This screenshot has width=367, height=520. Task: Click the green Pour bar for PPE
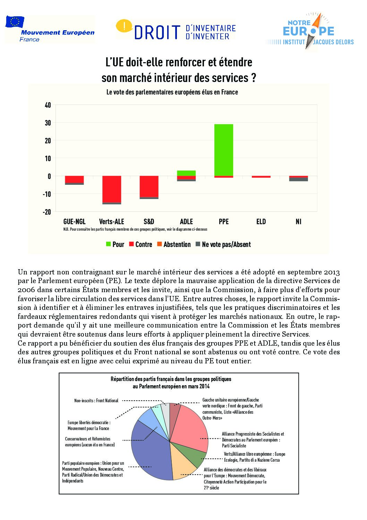pyautogui.click(x=224, y=150)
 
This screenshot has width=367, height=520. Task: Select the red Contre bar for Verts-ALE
pyautogui.click(x=112, y=189)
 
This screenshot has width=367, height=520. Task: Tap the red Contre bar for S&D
pyautogui.click(x=149, y=186)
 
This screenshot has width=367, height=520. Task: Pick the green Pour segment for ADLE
pyautogui.click(x=186, y=173)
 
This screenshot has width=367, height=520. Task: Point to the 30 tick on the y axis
pyautogui.click(x=48, y=123)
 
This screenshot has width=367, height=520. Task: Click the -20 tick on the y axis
pyautogui.click(x=47, y=212)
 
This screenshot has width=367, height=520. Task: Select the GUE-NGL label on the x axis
pyautogui.click(x=74, y=222)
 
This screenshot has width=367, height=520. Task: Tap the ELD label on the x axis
pyautogui.click(x=261, y=222)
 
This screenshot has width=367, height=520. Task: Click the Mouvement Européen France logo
pyautogui.click(x=50, y=30)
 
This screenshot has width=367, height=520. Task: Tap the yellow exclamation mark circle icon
pyautogui.click(x=124, y=26)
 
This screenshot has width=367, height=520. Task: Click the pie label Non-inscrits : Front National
pyautogui.click(x=96, y=401)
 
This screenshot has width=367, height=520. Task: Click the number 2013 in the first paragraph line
pyautogui.click(x=332, y=272)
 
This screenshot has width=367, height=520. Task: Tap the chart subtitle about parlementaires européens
pyautogui.click(x=172, y=92)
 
